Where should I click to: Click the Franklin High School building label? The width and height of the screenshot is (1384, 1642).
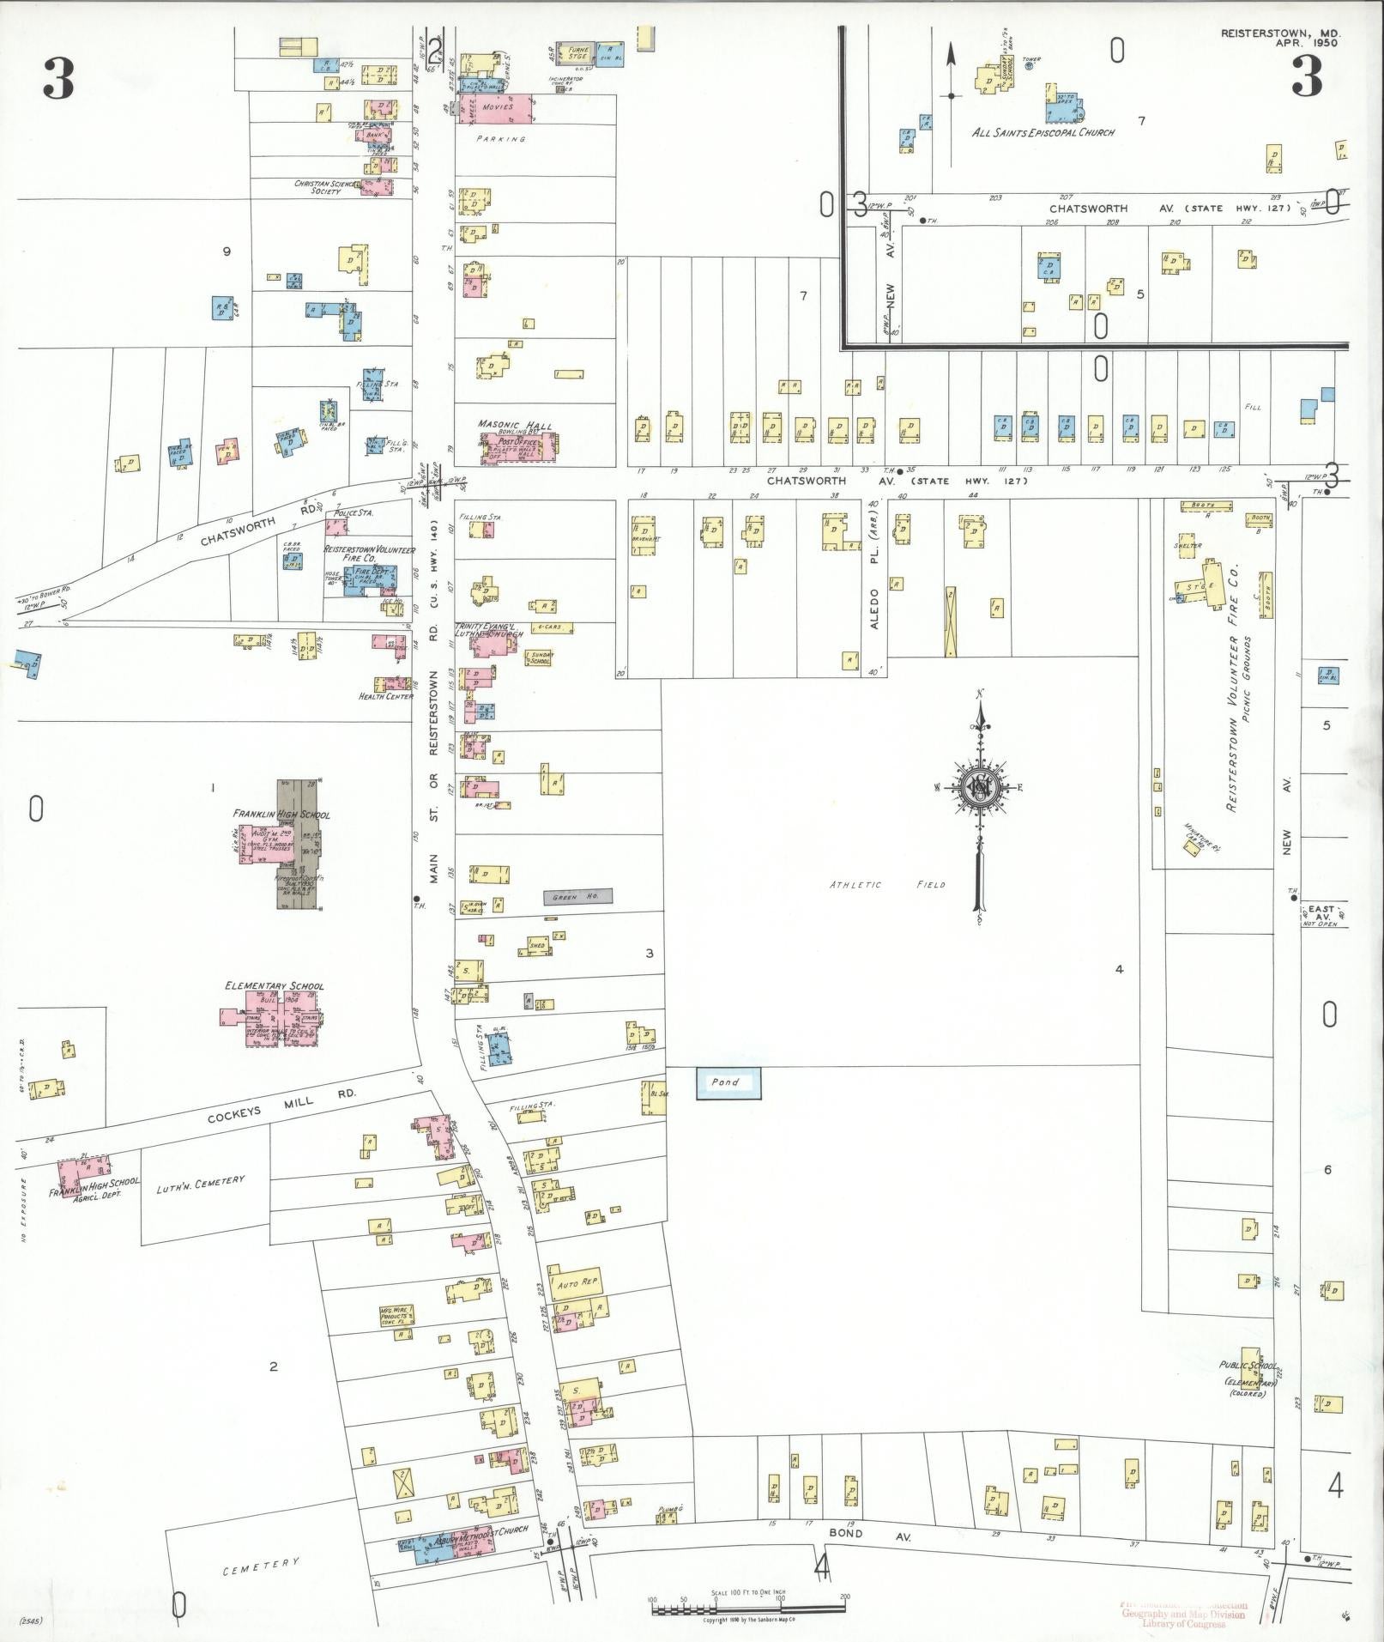coord(281,814)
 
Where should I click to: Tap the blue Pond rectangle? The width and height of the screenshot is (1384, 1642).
coord(728,1082)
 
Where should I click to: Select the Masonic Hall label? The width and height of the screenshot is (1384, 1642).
coord(515,426)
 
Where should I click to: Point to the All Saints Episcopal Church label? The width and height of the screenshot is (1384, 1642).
coord(1043,133)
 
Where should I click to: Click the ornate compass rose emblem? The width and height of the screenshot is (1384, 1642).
coord(978,787)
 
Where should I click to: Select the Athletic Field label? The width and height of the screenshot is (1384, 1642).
coord(887,884)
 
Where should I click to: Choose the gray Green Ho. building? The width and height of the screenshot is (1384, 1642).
coord(578,897)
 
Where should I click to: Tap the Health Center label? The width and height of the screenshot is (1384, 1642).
coord(386,696)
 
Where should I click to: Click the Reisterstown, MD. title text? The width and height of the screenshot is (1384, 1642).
coord(1281,33)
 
